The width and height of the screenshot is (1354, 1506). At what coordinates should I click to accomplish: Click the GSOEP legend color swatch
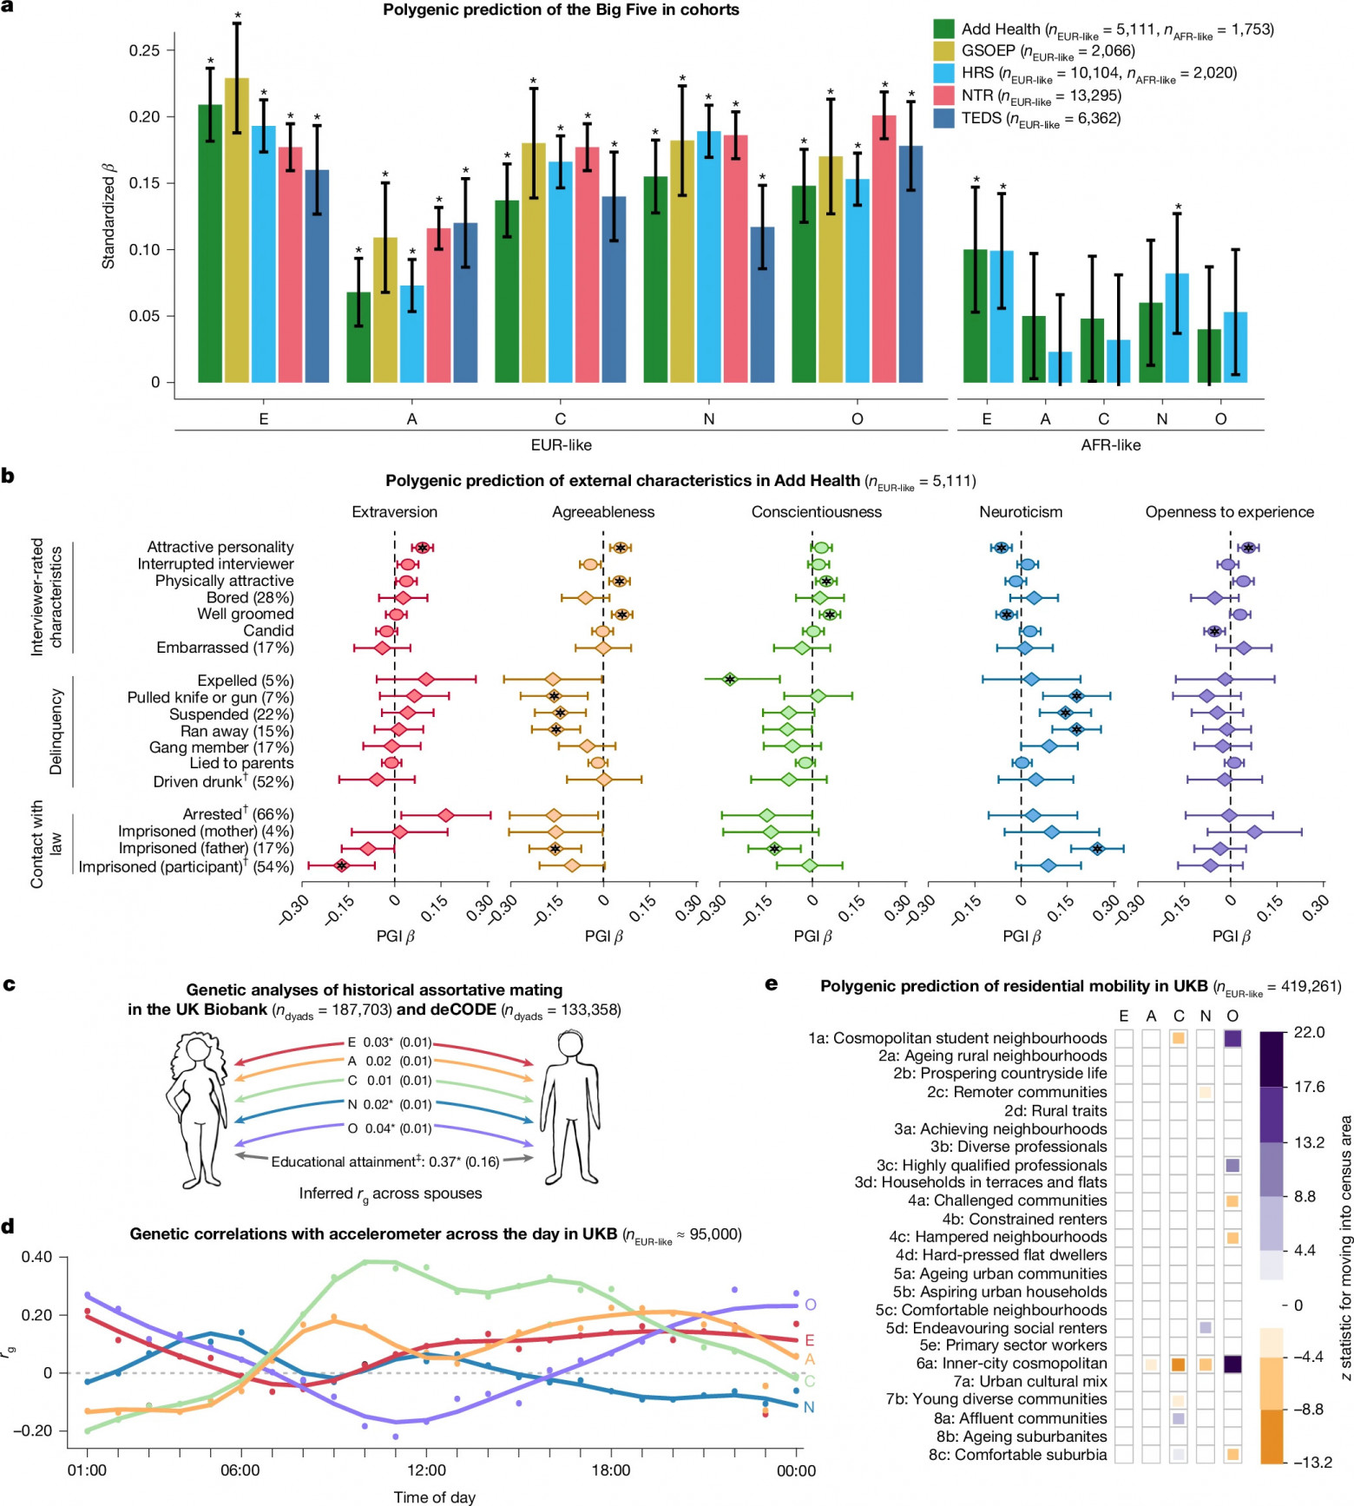[x=943, y=51]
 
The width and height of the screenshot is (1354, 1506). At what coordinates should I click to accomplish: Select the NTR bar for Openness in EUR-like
[x=884, y=249]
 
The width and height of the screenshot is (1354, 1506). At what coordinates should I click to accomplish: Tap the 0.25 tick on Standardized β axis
[x=144, y=50]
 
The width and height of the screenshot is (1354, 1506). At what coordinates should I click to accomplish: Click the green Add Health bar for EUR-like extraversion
[x=210, y=244]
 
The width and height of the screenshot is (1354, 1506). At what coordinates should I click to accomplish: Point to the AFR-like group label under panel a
[x=1110, y=445]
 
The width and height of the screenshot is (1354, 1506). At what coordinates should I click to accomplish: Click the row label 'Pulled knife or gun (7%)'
[x=210, y=698]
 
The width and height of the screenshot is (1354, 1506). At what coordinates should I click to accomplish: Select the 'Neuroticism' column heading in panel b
[x=1021, y=512]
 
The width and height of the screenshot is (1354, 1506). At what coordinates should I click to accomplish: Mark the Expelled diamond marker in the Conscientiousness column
[x=730, y=680]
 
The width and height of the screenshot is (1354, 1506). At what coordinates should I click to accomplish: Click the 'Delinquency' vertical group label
[x=56, y=732]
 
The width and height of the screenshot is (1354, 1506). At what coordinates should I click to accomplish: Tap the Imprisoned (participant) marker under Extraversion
[x=341, y=865]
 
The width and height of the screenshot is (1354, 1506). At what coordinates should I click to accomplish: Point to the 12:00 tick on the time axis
[x=426, y=1470]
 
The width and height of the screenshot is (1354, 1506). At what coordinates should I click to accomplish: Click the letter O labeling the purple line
[x=810, y=1305]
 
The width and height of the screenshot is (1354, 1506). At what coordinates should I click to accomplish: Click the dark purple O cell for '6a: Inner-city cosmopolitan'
[x=1232, y=1364]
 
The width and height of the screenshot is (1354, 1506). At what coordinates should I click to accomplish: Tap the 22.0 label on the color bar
[x=1309, y=1032]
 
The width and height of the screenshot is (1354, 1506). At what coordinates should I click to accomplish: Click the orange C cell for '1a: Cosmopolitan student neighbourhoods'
[x=1178, y=1038]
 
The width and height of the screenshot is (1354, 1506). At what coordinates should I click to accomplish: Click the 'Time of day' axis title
[x=434, y=1496]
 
